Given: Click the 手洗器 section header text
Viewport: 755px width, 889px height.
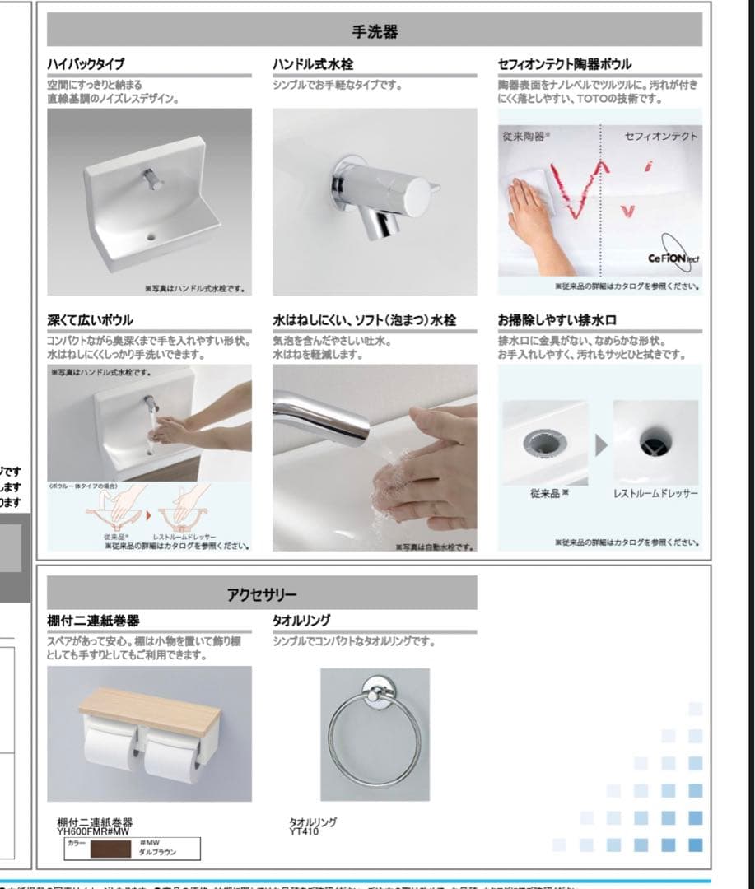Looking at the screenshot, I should pyautogui.click(x=375, y=31).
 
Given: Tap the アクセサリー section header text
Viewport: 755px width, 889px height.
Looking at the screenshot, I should pyautogui.click(x=262, y=593).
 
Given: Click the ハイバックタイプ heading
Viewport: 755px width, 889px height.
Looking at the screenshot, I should pyautogui.click(x=86, y=64).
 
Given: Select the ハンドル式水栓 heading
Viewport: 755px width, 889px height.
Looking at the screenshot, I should pyautogui.click(x=313, y=64).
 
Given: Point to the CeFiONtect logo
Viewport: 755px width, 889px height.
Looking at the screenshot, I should pyautogui.click(x=673, y=258).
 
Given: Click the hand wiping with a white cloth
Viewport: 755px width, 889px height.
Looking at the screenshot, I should pyautogui.click(x=531, y=210).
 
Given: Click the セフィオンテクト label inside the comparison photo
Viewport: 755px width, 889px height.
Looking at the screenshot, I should pyautogui.click(x=660, y=137).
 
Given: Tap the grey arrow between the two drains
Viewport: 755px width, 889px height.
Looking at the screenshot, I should pyautogui.click(x=602, y=444).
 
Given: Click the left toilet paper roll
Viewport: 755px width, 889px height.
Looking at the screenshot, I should pyautogui.click(x=109, y=747).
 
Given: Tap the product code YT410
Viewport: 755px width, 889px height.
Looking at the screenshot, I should pyautogui.click(x=304, y=831).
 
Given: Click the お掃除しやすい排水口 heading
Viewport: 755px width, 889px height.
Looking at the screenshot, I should pyautogui.click(x=557, y=319).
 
